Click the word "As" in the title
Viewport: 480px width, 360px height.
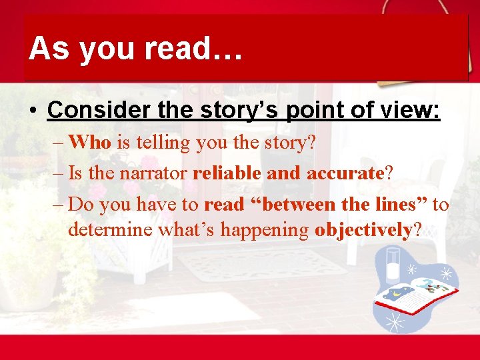click(x=49, y=49)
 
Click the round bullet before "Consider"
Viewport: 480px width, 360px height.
click(x=33, y=110)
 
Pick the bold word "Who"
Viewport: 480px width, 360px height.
click(x=90, y=143)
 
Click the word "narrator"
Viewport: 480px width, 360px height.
click(x=155, y=173)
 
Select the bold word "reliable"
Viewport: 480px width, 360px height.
click(x=227, y=173)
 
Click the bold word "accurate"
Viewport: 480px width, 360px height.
click(x=345, y=173)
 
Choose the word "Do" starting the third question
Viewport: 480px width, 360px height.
click(x=80, y=204)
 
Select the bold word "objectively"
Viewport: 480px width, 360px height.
click(x=363, y=230)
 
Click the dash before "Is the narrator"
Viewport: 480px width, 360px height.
click(x=57, y=173)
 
